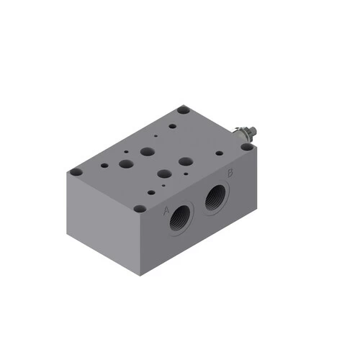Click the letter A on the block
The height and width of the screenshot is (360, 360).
[166, 210]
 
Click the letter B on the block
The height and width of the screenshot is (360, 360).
[230, 173]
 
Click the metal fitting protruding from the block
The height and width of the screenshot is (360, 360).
[246, 134]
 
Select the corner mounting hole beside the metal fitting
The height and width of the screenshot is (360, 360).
[247, 146]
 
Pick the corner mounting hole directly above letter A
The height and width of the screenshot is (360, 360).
[140, 208]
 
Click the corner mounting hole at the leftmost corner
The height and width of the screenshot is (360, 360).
[76, 172]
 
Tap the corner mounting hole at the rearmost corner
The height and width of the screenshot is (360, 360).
[184, 111]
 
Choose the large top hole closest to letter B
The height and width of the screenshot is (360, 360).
[185, 162]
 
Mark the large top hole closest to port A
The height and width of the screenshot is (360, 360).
[163, 174]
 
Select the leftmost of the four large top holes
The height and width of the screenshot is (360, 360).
[126, 164]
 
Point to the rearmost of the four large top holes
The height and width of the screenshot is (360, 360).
[147, 152]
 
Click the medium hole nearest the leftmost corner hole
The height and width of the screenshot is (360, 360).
[104, 165]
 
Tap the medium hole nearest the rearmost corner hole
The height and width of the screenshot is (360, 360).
[172, 127]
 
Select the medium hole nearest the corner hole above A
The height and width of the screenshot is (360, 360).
[151, 192]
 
